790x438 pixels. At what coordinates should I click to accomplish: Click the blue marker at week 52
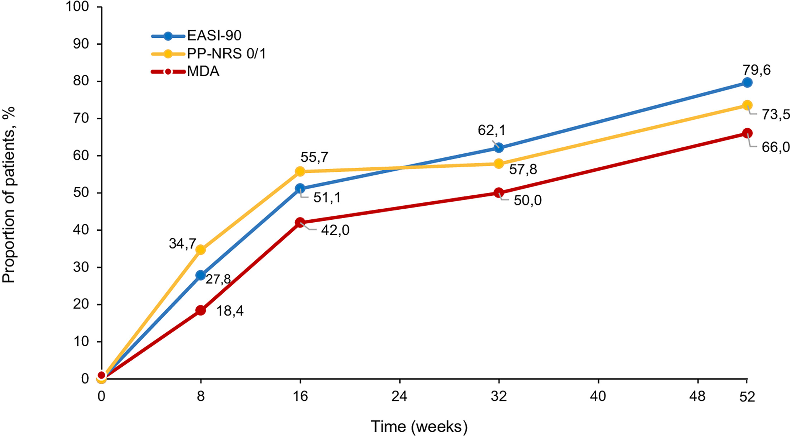pyautogui.click(x=747, y=82)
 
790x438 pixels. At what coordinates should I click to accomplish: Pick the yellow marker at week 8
pyautogui.click(x=201, y=249)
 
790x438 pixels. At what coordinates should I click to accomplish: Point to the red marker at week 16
pyautogui.click(x=300, y=223)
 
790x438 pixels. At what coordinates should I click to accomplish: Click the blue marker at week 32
pyautogui.click(x=498, y=148)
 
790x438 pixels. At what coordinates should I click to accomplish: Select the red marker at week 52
pyautogui.click(x=747, y=133)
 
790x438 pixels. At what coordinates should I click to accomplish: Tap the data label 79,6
pyautogui.click(x=756, y=70)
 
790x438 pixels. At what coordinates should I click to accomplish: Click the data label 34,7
pyautogui.click(x=182, y=244)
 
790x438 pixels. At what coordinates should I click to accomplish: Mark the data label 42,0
pyautogui.click(x=335, y=230)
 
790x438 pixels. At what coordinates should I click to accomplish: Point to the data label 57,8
pyautogui.click(x=523, y=169)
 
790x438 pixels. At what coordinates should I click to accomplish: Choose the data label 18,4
pyautogui.click(x=229, y=311)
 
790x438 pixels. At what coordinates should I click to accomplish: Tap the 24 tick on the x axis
pyautogui.click(x=399, y=396)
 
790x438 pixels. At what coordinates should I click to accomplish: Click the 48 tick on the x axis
pyautogui.click(x=697, y=396)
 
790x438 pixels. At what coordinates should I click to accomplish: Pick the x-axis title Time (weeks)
pyautogui.click(x=419, y=427)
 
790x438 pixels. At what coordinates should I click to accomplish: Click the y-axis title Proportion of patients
pyautogui.click(x=9, y=195)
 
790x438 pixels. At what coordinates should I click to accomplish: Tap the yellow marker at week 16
pyautogui.click(x=300, y=171)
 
